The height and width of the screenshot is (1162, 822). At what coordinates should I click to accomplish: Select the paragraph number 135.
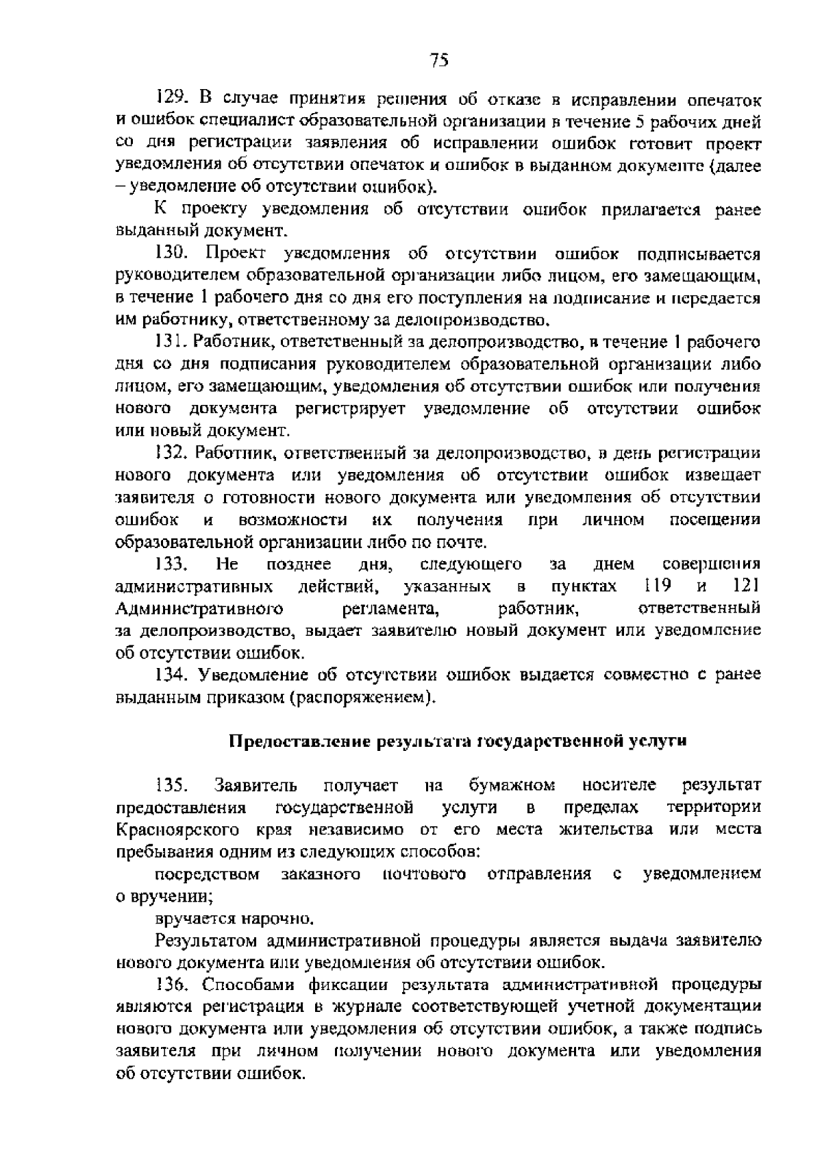pyautogui.click(x=171, y=784)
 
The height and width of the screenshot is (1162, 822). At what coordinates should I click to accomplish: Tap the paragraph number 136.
pyautogui.click(x=171, y=985)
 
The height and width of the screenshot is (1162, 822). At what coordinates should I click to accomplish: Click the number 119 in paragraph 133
pyautogui.click(x=658, y=586)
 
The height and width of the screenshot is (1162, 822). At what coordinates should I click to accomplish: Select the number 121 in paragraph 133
pyautogui.click(x=746, y=586)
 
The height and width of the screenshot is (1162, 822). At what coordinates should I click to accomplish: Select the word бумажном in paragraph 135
pyautogui.click(x=512, y=785)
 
